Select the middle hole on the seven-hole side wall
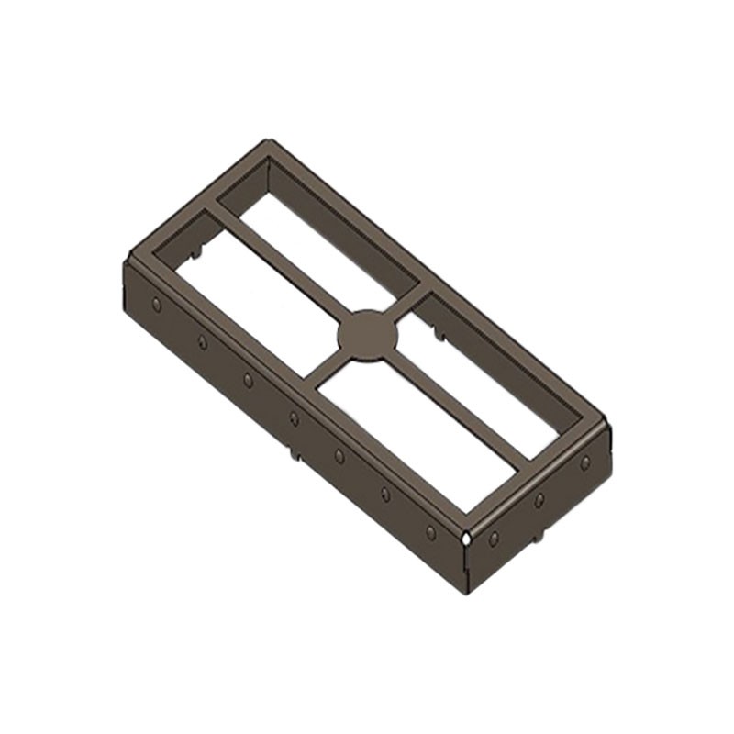pyautogui.click(x=294, y=418)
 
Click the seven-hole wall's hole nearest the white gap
pyautogui.click(x=430, y=531)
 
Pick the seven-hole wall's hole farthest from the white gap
pyautogui.click(x=157, y=304)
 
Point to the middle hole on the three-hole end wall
pyautogui.click(x=539, y=499)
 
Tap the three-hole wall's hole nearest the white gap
pyautogui.click(x=494, y=538)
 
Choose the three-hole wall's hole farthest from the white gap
pyautogui.click(x=584, y=462)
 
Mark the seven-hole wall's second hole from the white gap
pyautogui.click(x=384, y=494)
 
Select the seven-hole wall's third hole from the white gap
pyautogui.click(x=339, y=455)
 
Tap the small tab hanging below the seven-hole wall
pyautogui.click(x=295, y=451)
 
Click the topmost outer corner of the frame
pyautogui.click(x=268, y=141)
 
